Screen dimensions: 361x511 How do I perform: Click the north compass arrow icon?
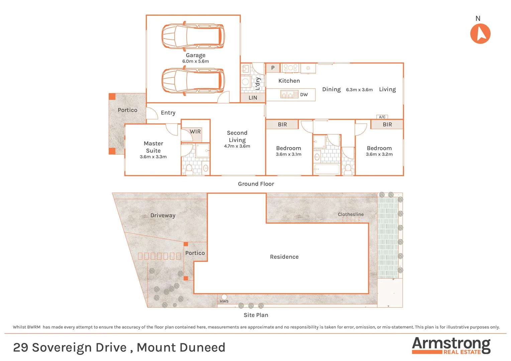click(480, 34)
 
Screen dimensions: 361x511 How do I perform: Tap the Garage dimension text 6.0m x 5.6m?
click(195, 62)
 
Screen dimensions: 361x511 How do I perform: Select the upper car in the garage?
click(193, 36)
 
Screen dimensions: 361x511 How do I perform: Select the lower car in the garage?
click(193, 81)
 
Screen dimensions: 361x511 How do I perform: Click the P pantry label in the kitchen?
click(273, 68)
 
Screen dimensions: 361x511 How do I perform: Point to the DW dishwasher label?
click(304, 95)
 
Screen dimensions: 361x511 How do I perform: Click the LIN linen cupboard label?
click(253, 98)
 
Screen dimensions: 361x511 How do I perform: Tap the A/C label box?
click(382, 117)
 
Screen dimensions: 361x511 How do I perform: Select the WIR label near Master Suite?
click(195, 132)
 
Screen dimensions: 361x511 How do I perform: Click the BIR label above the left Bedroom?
click(282, 124)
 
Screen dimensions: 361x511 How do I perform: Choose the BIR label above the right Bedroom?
click(387, 124)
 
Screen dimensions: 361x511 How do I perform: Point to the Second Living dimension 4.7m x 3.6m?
click(237, 146)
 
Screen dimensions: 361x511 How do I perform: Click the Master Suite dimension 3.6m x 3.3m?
click(153, 157)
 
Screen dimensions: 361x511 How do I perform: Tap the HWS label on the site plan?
click(224, 301)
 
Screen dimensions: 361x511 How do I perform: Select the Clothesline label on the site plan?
click(350, 214)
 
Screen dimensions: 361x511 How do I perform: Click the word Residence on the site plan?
click(284, 257)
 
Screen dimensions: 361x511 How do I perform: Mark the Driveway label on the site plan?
click(163, 215)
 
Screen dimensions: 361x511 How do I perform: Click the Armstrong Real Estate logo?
click(451, 345)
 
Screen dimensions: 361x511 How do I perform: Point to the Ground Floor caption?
click(256, 184)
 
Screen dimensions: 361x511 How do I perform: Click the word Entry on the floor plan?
click(168, 113)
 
